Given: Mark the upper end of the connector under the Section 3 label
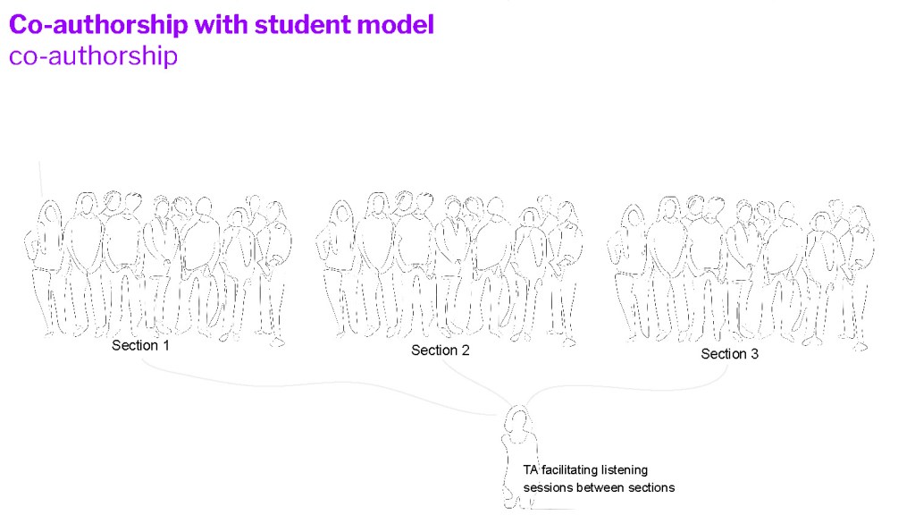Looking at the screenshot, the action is (727, 365).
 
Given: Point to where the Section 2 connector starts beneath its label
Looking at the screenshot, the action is (441, 359).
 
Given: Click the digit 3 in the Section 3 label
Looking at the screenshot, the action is (754, 354).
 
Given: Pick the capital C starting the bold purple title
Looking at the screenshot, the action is (19, 25).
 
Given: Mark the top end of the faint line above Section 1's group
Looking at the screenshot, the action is (39, 162).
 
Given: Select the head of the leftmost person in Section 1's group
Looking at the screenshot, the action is (50, 214).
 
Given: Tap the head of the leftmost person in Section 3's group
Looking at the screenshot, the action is (632, 217).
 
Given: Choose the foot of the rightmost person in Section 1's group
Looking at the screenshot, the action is (278, 342).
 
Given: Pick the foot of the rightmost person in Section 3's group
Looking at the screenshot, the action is (860, 347).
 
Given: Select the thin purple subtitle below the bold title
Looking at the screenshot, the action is (93, 56).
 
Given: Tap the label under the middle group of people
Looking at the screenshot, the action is (440, 350).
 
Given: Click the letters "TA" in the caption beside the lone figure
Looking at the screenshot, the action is (530, 470).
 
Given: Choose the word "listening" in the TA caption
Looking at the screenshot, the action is (625, 470).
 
